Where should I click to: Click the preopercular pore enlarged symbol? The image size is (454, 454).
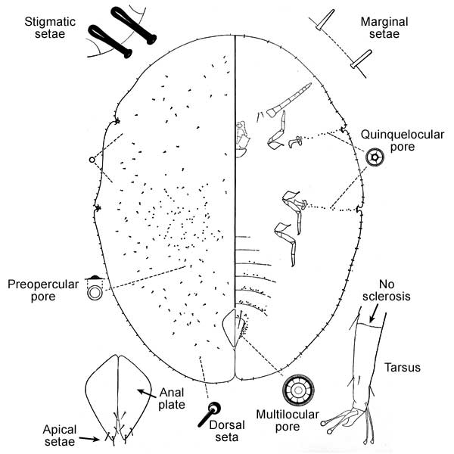coord(96,291)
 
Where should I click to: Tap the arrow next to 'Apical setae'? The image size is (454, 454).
coord(90,438)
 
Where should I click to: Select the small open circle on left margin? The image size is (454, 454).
coord(92,160)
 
